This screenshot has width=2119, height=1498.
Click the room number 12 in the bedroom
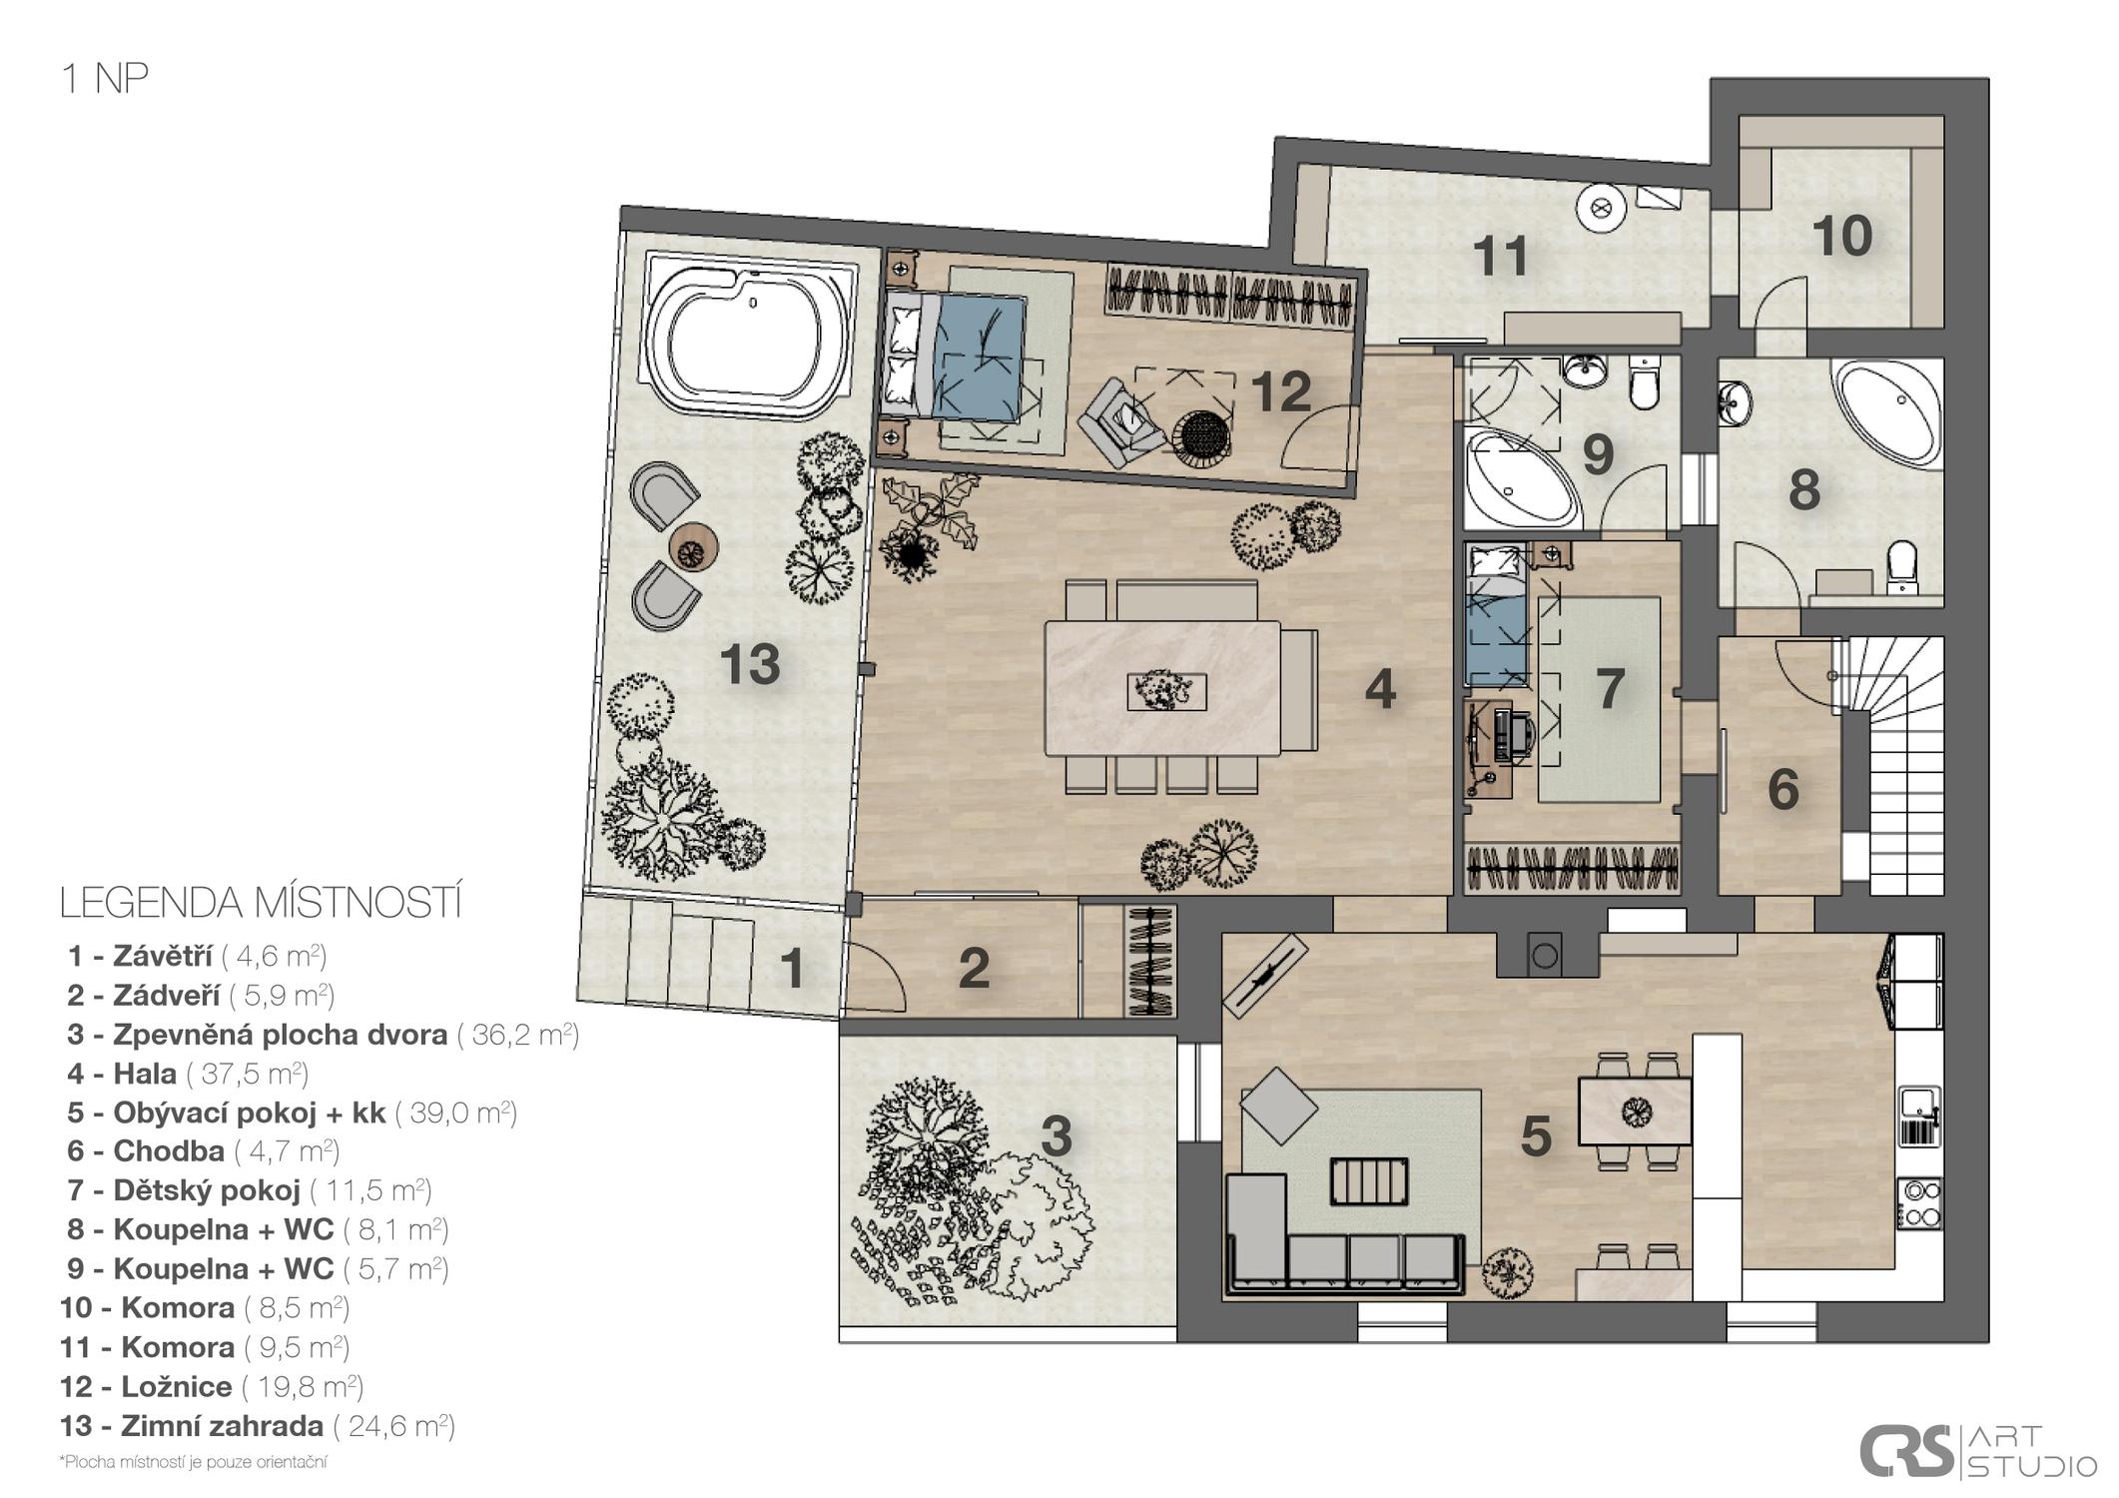pyautogui.click(x=1281, y=392)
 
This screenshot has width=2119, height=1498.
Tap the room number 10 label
pyautogui.click(x=1841, y=237)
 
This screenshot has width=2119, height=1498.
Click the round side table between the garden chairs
pyautogui.click(x=693, y=547)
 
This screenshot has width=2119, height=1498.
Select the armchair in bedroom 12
pyautogui.click(x=1118, y=420)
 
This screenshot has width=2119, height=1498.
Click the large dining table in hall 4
pyautogui.click(x=1162, y=688)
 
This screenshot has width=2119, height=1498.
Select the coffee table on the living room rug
pyautogui.click(x=1370, y=1181)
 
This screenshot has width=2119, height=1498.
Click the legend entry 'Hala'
pyautogui.click(x=145, y=1074)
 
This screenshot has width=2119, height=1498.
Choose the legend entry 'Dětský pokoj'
pyautogui.click(x=207, y=1190)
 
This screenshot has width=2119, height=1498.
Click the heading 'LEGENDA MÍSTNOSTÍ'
pyautogui.click(x=261, y=903)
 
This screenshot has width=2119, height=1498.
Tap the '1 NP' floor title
pyautogui.click(x=105, y=78)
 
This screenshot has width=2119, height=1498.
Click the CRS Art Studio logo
pyautogui.click(x=1978, y=1451)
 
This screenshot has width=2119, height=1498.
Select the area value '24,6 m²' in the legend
pyautogui.click(x=394, y=1425)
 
